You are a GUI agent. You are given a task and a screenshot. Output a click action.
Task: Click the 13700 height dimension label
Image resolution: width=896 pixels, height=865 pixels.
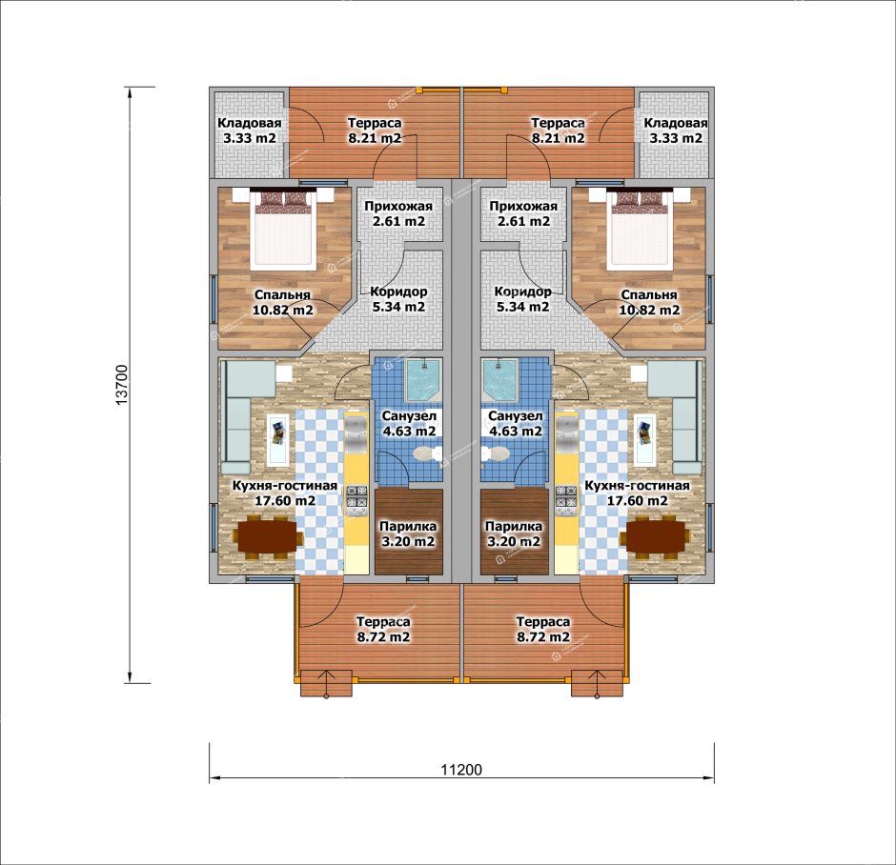tap(122, 385)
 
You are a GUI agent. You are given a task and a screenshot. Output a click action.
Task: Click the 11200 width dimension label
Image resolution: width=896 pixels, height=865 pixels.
tap(461, 770)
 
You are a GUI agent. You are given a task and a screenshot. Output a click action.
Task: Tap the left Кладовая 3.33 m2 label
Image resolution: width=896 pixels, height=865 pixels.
tap(250, 131)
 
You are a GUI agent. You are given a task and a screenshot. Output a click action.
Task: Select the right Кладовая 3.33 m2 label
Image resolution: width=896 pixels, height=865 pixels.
tap(676, 131)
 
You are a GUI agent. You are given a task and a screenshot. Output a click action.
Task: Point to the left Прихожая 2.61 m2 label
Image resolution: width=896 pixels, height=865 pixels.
tap(398, 213)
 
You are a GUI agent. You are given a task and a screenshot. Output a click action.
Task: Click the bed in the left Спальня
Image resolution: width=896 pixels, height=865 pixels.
tap(283, 229)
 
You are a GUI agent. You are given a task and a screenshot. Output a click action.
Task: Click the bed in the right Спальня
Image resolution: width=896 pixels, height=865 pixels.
tap(640, 229)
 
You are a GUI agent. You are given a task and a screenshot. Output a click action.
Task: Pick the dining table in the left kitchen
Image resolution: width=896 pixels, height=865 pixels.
tap(268, 536)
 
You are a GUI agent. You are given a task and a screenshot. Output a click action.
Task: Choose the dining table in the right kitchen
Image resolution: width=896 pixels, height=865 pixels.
tap(655, 536)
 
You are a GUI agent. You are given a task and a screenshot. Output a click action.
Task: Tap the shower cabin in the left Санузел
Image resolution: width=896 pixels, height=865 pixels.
tap(423, 380)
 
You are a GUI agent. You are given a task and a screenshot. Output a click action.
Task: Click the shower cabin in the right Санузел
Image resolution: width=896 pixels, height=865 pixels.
tap(500, 380)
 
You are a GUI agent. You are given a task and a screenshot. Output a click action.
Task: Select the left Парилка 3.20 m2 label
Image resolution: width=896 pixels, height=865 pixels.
tap(408, 533)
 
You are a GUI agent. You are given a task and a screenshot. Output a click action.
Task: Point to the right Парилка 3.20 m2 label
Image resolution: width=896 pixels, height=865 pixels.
tap(514, 533)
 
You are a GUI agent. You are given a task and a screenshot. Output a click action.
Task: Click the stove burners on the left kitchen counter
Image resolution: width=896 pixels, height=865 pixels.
tap(356, 496)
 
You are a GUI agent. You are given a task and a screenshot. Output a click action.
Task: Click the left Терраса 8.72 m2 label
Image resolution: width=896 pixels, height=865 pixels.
tap(383, 629)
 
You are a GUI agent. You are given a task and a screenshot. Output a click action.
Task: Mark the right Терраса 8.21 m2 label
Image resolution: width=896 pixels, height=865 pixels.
tap(558, 131)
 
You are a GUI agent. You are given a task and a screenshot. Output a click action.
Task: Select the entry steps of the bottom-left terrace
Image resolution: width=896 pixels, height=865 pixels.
tap(326, 683)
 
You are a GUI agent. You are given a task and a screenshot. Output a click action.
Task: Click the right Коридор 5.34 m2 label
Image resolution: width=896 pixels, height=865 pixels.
tap(523, 299)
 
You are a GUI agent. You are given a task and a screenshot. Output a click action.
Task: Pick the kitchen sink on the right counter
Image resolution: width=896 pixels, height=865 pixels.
tap(567, 433)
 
